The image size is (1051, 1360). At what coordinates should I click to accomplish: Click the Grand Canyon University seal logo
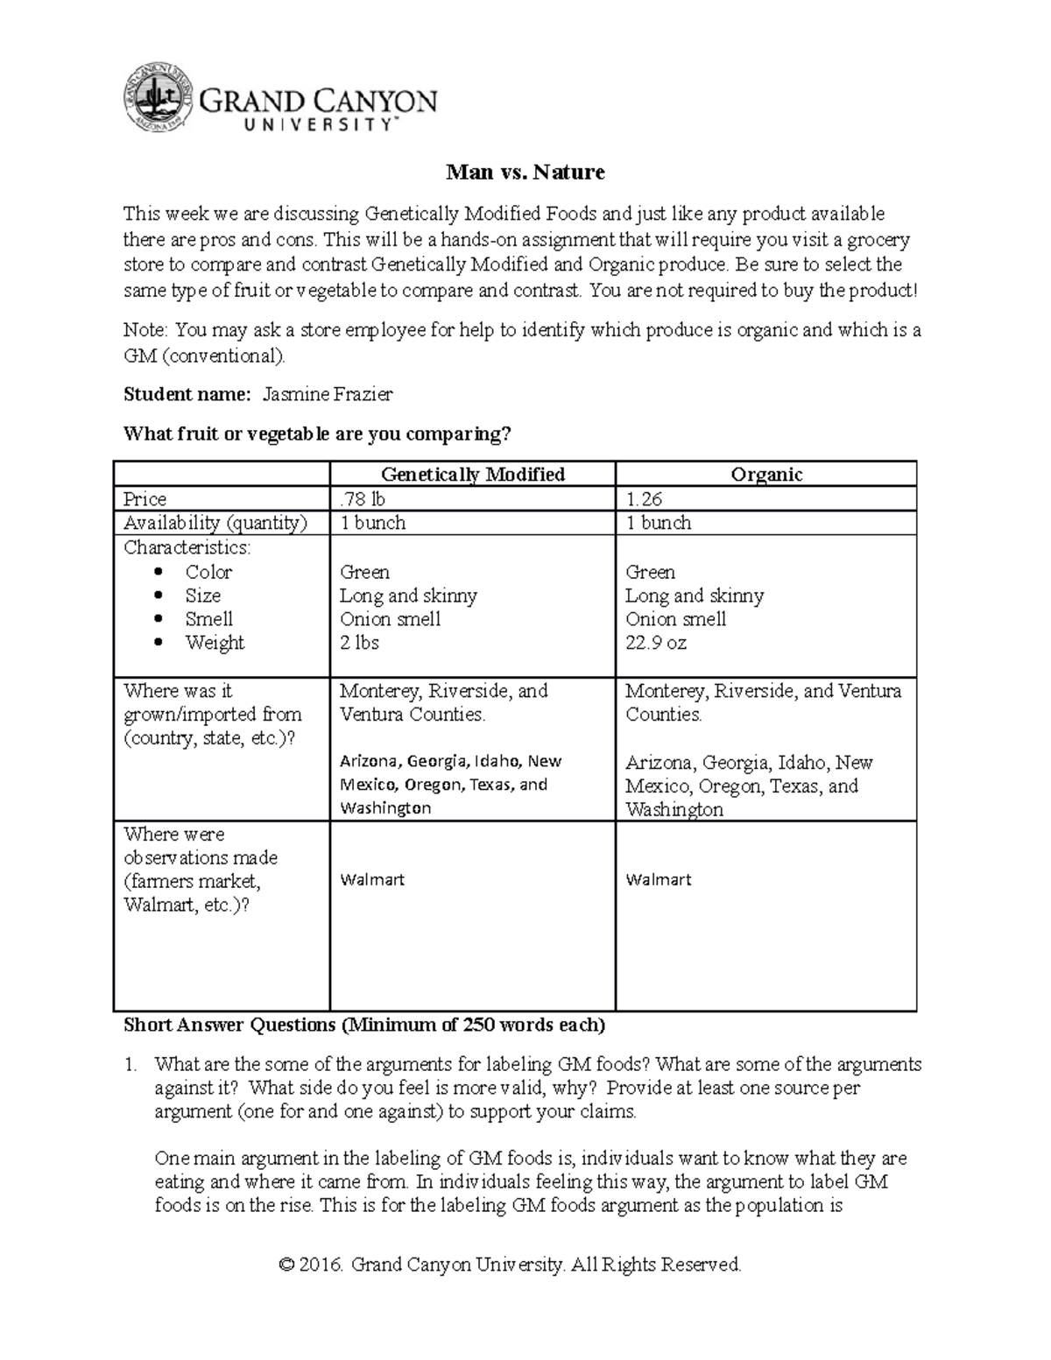click(x=158, y=100)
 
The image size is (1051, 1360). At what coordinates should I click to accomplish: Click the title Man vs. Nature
click(x=525, y=173)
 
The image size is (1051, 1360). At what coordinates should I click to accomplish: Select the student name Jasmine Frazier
click(x=328, y=394)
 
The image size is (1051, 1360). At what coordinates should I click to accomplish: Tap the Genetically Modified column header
click(x=472, y=475)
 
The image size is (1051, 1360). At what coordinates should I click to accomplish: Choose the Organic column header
click(x=766, y=475)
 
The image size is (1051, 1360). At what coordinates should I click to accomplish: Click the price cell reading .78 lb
click(x=363, y=499)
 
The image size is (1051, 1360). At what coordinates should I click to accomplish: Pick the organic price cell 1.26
click(x=643, y=499)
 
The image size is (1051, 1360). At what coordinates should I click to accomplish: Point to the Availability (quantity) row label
click(x=215, y=523)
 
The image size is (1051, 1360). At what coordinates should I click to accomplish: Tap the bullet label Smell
click(x=208, y=619)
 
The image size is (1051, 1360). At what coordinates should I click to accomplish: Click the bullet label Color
click(x=208, y=572)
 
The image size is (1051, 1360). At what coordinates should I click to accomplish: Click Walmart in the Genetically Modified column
click(x=372, y=879)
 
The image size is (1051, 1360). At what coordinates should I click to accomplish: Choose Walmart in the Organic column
click(x=659, y=879)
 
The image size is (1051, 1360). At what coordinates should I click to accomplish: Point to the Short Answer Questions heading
click(x=363, y=1025)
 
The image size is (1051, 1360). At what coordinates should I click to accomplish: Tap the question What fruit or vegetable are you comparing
click(x=317, y=434)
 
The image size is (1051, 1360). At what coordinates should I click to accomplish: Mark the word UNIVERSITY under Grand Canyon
click(x=318, y=125)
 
